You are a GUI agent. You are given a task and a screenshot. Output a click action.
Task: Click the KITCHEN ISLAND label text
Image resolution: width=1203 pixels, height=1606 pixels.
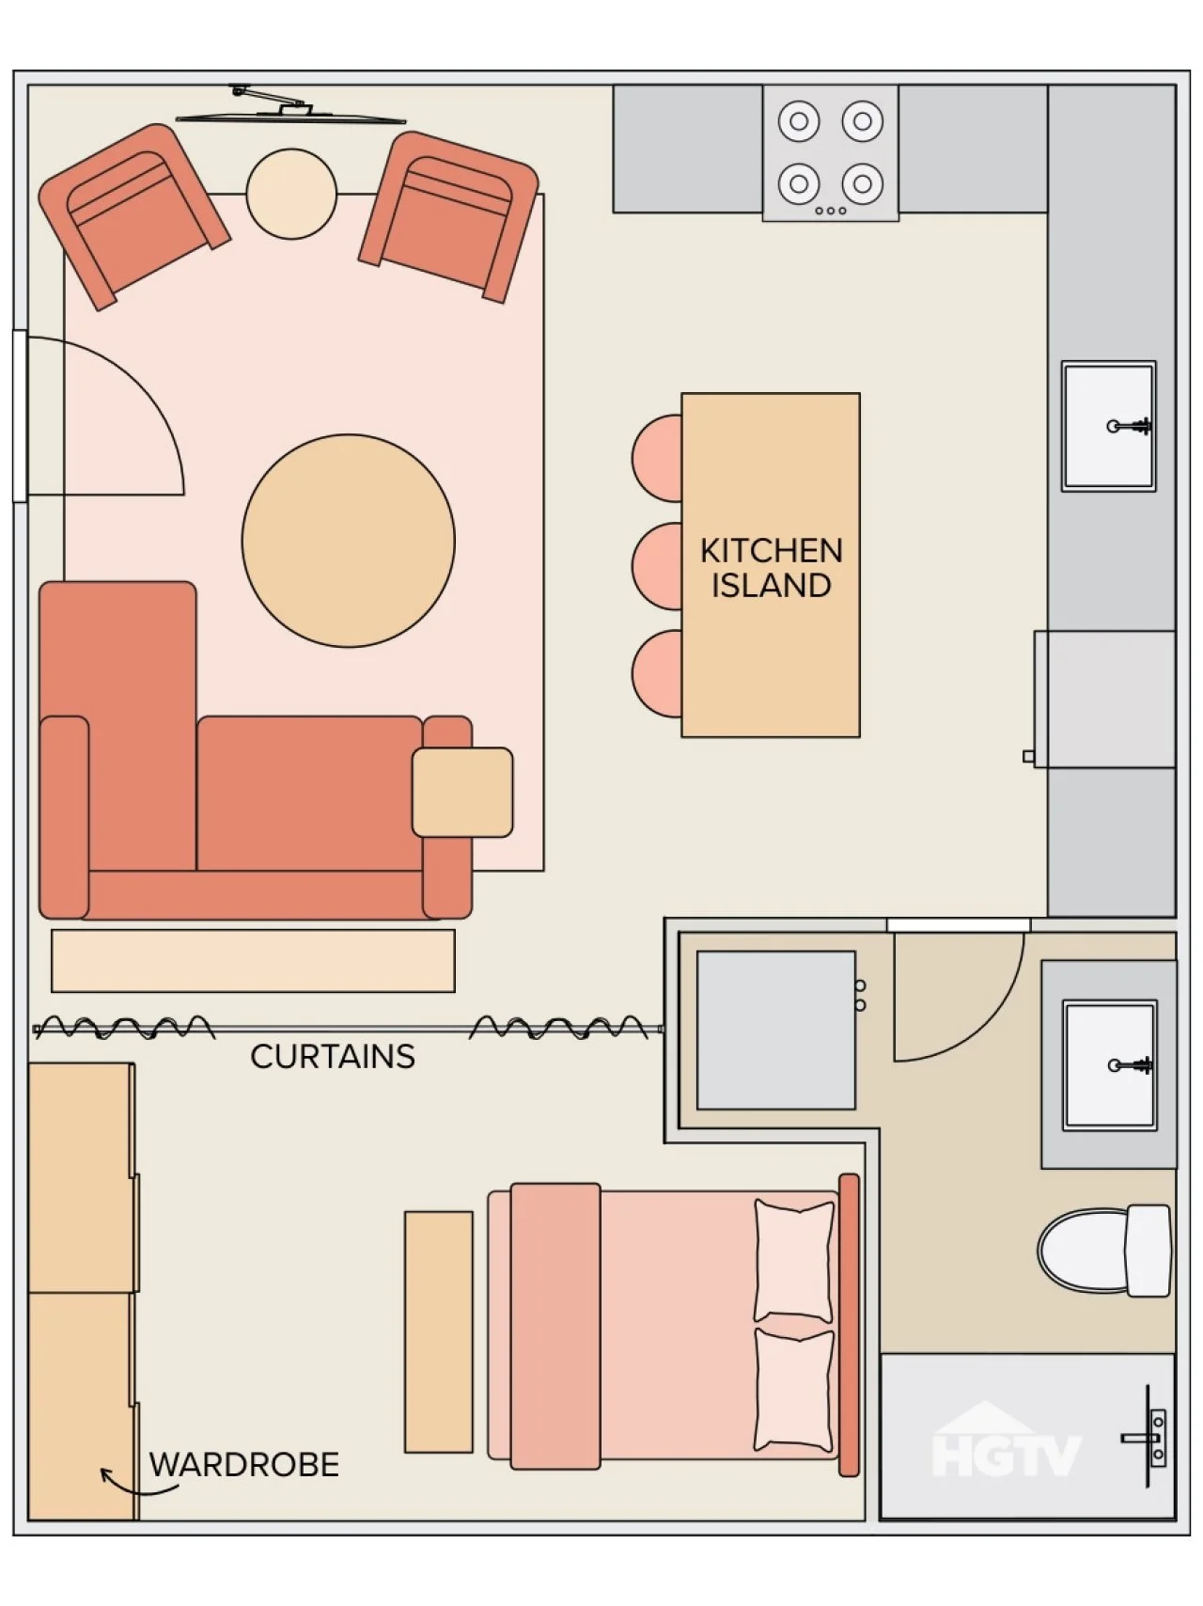click(771, 568)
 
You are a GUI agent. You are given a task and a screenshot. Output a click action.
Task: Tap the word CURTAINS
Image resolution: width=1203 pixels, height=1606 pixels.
click(333, 1057)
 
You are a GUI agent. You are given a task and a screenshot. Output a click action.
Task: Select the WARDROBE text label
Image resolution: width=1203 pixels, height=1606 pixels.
click(244, 1465)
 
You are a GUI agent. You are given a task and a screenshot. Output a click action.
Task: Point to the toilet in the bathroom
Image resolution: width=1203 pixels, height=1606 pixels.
click(1105, 1251)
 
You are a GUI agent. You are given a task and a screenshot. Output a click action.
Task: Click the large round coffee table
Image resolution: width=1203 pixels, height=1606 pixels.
click(349, 541)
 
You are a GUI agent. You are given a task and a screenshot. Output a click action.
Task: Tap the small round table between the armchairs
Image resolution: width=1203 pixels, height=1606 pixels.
click(291, 194)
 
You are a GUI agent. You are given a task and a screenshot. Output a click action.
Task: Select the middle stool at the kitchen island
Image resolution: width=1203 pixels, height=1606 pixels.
click(658, 566)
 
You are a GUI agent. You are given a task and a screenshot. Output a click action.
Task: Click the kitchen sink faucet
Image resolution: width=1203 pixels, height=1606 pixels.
click(1131, 427)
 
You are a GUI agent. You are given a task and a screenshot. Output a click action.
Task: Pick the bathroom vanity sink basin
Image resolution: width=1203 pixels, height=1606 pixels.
click(1110, 1065)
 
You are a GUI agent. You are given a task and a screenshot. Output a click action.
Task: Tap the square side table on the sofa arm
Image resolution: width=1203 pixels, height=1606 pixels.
click(462, 792)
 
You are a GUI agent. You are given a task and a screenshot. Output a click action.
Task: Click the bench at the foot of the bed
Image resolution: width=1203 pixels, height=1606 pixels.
click(439, 1331)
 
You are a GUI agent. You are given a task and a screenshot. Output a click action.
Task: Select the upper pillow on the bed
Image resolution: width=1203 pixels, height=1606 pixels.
click(794, 1261)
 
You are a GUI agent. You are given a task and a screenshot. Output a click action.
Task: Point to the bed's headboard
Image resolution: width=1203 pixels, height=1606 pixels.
click(849, 1325)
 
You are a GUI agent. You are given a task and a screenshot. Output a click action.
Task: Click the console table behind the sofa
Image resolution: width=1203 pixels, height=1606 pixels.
click(253, 961)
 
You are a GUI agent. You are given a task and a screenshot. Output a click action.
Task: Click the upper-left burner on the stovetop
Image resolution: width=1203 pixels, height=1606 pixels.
click(799, 121)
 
